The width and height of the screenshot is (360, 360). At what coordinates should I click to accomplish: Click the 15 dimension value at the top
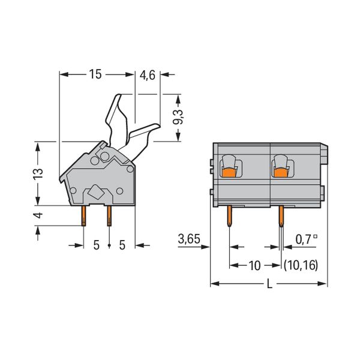click(x=95, y=74)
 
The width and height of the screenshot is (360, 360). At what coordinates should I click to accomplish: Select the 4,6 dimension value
click(x=148, y=75)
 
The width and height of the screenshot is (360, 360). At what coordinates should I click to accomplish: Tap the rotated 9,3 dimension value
click(x=178, y=117)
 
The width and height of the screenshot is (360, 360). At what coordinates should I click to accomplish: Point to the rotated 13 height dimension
click(x=38, y=174)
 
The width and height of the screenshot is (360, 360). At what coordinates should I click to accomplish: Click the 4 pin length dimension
click(x=38, y=215)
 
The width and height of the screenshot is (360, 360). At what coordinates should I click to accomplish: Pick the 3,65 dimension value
click(x=189, y=239)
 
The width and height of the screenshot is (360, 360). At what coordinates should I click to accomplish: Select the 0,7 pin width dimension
click(x=306, y=239)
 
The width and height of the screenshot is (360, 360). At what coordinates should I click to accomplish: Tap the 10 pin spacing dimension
click(x=254, y=266)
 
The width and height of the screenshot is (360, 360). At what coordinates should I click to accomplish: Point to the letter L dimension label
click(x=269, y=284)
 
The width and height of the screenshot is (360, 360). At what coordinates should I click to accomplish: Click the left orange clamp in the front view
click(x=229, y=173)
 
